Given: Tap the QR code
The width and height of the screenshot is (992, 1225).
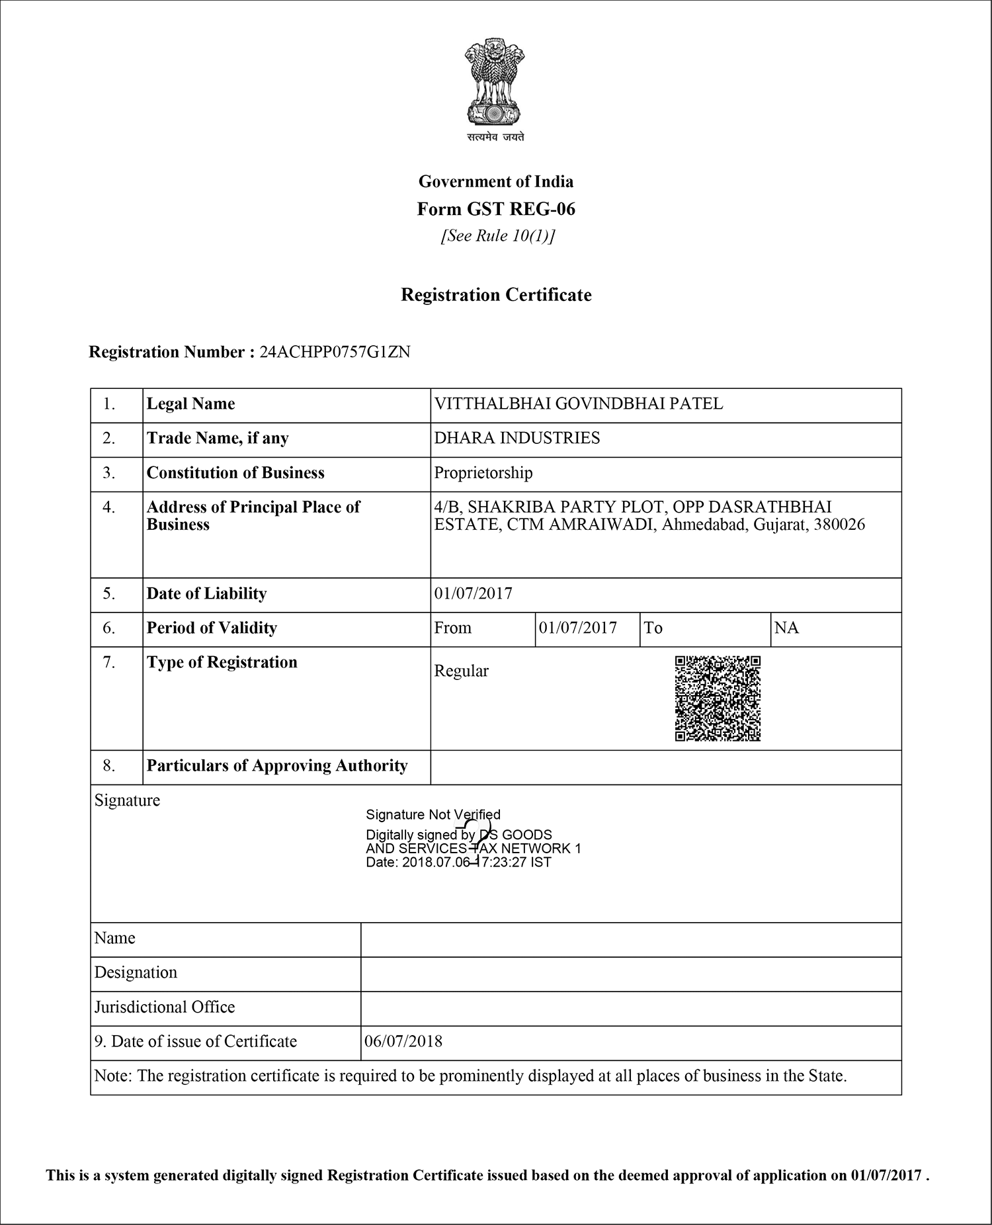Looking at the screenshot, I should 718,698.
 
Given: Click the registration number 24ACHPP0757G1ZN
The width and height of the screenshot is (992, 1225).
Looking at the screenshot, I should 335,352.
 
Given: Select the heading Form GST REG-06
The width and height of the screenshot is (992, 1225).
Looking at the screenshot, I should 496,209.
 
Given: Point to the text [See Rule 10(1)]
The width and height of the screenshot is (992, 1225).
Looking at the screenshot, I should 497,236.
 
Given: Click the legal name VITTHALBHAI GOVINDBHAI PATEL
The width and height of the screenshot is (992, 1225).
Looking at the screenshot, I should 579,403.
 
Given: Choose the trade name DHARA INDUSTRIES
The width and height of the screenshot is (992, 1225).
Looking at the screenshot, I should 517,438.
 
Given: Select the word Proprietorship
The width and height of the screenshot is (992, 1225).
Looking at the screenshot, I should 483,473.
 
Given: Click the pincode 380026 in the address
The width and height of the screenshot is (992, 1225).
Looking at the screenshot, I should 839,525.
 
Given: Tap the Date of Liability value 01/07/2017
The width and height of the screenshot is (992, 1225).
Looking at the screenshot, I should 474,593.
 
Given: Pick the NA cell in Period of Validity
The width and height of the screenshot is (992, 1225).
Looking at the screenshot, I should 786,628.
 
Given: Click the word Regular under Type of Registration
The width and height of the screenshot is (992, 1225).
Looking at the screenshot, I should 462,671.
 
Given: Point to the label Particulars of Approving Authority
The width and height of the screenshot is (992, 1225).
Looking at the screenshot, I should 277,766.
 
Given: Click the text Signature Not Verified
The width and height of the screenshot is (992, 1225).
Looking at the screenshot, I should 433,814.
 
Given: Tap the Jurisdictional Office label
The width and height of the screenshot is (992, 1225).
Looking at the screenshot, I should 165,1007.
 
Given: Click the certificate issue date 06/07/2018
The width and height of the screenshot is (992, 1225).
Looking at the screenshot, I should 403,1041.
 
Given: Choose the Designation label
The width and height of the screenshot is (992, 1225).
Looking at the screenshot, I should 136,972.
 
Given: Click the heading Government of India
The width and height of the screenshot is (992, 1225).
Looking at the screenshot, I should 496,181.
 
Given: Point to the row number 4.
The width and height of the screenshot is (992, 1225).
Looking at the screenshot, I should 109,507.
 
